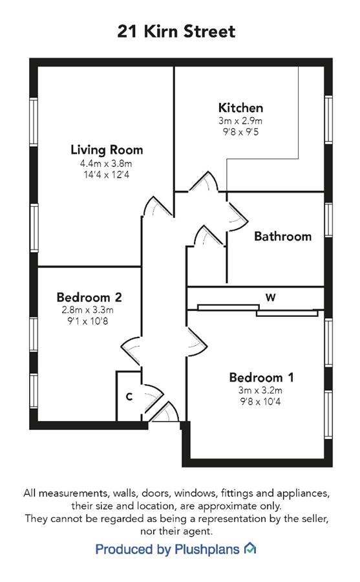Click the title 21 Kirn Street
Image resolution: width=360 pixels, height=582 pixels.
pyautogui.click(x=176, y=31)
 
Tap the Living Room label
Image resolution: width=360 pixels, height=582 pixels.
pyautogui.click(x=107, y=150)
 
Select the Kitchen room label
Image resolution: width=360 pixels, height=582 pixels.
pyautogui.click(x=240, y=107)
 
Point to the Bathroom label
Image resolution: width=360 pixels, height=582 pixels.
pyautogui.click(x=283, y=237)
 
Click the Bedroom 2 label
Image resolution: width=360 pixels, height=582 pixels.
pyautogui.click(x=89, y=297)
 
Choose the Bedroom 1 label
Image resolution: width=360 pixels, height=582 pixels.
pyautogui.click(x=261, y=378)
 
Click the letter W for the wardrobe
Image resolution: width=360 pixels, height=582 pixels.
pyautogui.click(x=271, y=297)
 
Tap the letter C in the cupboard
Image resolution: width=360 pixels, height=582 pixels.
pyautogui.click(x=129, y=397)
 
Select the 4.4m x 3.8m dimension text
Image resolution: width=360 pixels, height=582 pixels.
pyautogui.click(x=106, y=164)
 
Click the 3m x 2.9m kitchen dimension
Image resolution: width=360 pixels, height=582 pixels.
pyautogui.click(x=240, y=121)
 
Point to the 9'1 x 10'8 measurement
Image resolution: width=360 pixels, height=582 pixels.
pyautogui.click(x=88, y=321)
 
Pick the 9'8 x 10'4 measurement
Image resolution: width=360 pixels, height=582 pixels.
pyautogui.click(x=260, y=401)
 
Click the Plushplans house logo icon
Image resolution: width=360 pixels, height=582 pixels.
pyautogui.click(x=249, y=548)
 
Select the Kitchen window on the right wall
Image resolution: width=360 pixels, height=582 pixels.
pyautogui.click(x=328, y=120)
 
